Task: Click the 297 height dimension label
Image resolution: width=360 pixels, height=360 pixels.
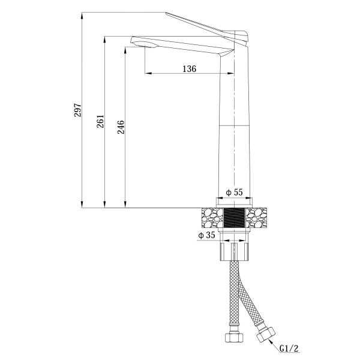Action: [x=78, y=110]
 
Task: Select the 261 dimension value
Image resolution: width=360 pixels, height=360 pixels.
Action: [x=100, y=121]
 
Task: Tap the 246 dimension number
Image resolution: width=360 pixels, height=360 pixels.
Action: [x=121, y=127]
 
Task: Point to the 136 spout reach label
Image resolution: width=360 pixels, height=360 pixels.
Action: [x=190, y=68]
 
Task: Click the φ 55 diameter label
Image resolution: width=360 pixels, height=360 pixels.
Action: [x=234, y=192]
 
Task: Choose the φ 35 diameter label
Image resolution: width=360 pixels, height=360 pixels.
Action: [x=207, y=235]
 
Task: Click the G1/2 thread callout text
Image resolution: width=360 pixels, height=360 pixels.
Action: [x=290, y=348]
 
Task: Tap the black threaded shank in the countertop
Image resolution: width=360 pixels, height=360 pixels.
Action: [x=235, y=217]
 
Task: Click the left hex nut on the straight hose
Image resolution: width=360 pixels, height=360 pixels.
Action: [x=233, y=337]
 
